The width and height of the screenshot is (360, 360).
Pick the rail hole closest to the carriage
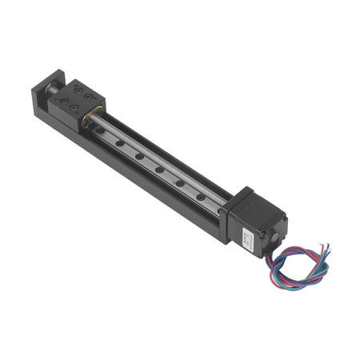tap(101, 130)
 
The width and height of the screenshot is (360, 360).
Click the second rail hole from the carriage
tap(119, 143)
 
